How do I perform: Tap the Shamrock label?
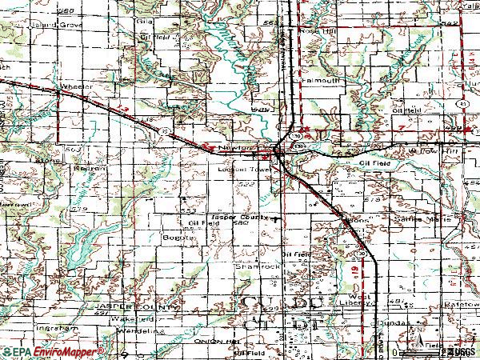(250, 266)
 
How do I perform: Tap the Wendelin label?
(144, 330)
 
